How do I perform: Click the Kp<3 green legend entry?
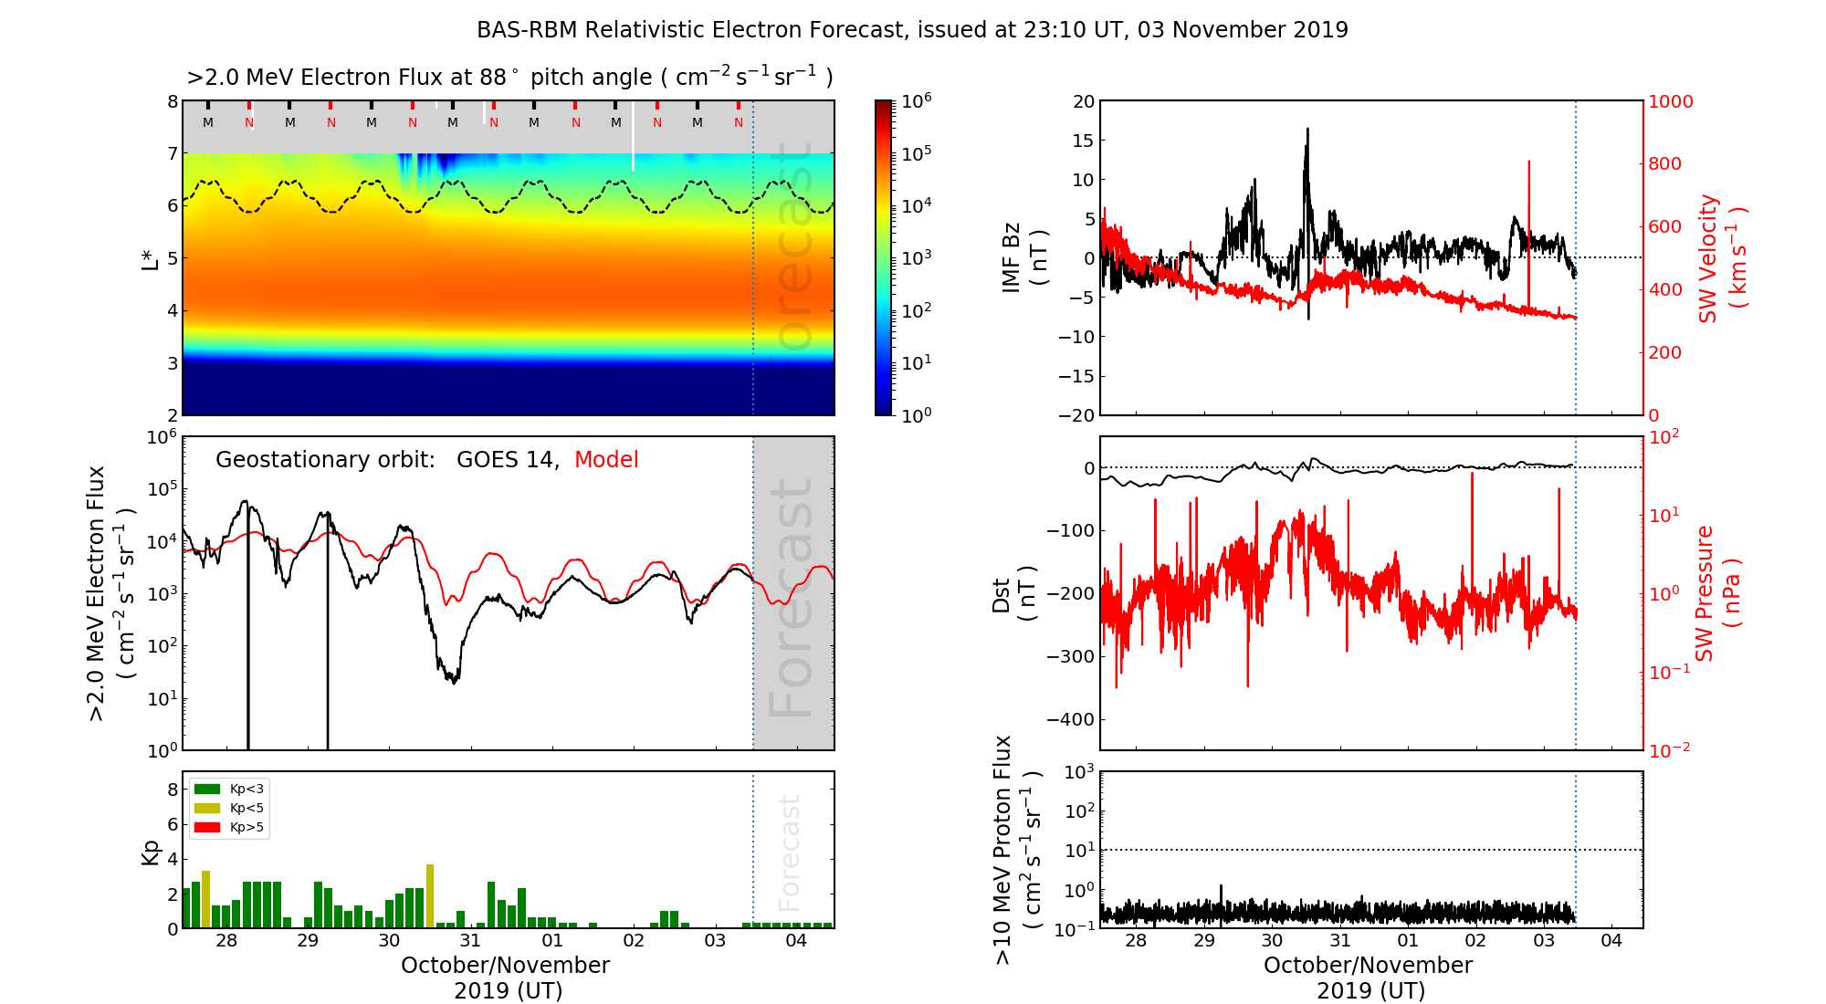[x=229, y=789]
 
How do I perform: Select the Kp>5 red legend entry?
[x=229, y=828]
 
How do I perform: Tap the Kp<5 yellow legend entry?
[x=229, y=808]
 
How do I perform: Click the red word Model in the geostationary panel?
[x=606, y=460]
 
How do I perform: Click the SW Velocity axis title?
[x=1721, y=258]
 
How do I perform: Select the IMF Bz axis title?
[x=1023, y=257]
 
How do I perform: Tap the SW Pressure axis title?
[x=1717, y=593]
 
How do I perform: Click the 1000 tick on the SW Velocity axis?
[x=1671, y=101]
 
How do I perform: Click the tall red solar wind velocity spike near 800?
[x=1528, y=164]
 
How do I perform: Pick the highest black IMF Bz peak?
[x=1307, y=130]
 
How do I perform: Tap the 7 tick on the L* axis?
[x=172, y=153]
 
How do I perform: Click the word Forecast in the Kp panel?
[x=789, y=852]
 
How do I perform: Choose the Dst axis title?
[x=1013, y=593]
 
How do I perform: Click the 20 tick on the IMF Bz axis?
[x=1083, y=101]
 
